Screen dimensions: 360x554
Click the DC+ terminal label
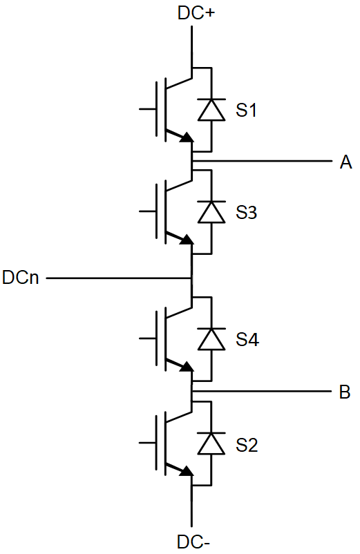pos(196,13)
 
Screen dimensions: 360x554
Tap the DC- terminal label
pos(193,542)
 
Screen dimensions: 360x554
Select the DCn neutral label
pos(21,278)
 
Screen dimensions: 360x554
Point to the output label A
pos(346,162)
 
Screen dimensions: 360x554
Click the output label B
pos(345,392)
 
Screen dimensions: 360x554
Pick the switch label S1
pos(246,110)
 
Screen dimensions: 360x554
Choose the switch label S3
pos(246,212)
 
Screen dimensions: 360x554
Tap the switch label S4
pos(247,339)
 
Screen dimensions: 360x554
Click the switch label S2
pos(247,445)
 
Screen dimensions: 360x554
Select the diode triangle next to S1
pos(211,111)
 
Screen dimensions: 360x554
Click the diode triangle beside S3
pos(211,212)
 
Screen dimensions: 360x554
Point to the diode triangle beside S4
pos(211,339)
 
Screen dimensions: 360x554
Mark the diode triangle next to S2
pos(211,443)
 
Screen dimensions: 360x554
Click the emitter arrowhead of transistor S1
pos(187,137)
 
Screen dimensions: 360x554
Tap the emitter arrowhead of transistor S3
pos(187,240)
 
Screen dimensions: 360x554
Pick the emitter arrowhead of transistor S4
pos(187,367)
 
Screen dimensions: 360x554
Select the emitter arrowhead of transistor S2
pos(187,471)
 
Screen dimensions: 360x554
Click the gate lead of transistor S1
pos(147,109)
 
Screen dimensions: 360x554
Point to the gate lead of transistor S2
pos(147,442)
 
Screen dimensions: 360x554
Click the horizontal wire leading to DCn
pos(119,278)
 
